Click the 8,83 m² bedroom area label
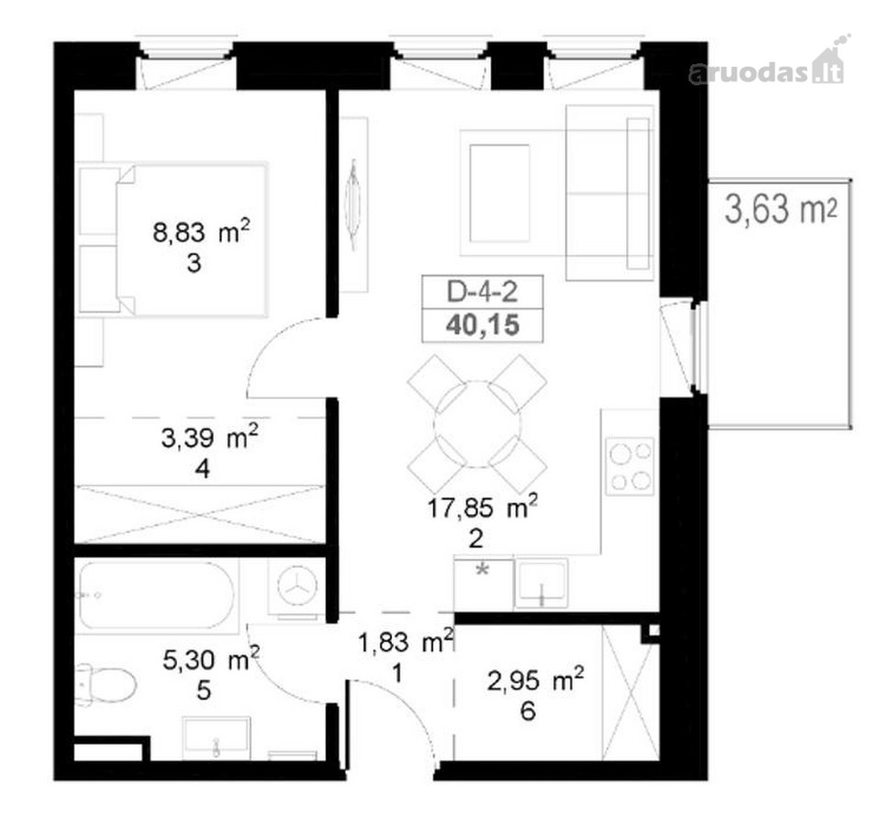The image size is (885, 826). [x=201, y=231]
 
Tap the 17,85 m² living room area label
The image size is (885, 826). [x=482, y=508]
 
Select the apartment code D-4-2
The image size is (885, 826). [x=482, y=292]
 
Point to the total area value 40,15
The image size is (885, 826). [x=483, y=326]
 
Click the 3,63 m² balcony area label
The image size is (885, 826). [x=780, y=209]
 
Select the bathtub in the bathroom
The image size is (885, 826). [x=156, y=596]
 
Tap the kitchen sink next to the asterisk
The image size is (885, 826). [x=540, y=584]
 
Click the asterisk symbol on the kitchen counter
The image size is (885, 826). [x=482, y=570]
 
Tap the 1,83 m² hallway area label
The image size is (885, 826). [x=406, y=642]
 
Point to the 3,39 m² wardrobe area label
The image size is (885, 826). [x=210, y=437]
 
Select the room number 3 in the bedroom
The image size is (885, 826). [x=194, y=263]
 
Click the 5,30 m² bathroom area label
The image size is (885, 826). [x=211, y=660]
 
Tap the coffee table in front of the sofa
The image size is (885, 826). [x=499, y=193]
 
